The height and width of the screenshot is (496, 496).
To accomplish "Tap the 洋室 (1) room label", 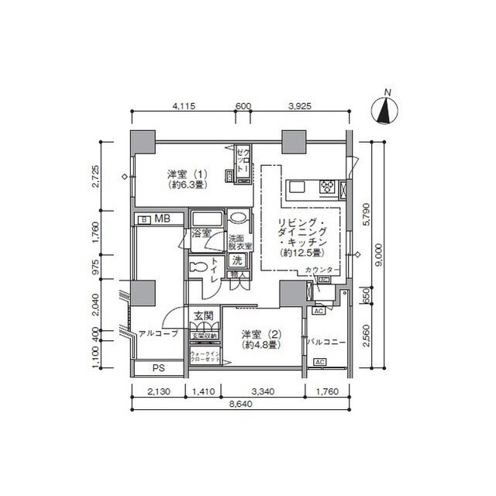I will [x=186, y=179].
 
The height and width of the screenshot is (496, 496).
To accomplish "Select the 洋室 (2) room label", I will [x=260, y=339].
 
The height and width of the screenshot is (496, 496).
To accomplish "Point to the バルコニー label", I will [x=324, y=341].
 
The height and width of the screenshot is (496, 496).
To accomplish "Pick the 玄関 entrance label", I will [x=204, y=316].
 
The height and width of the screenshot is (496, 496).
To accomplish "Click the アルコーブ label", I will [x=158, y=334].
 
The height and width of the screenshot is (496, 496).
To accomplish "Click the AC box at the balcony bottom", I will [x=319, y=362].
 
